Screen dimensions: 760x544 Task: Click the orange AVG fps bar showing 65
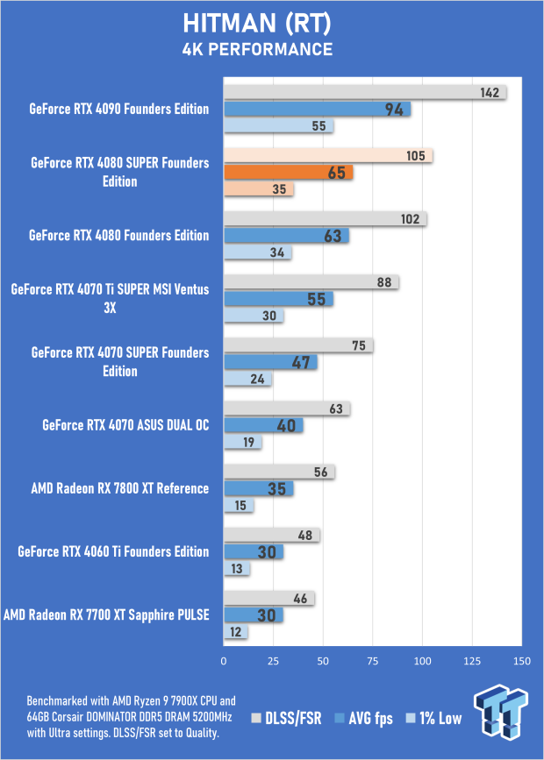(289, 173)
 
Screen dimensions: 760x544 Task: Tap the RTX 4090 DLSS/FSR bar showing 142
(364, 93)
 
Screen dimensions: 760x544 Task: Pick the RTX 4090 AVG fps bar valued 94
(317, 110)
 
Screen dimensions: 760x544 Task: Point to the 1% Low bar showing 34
(258, 253)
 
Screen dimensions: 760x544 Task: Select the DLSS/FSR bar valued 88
(311, 282)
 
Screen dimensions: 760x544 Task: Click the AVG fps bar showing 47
(270, 362)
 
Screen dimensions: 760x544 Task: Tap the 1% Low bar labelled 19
(243, 442)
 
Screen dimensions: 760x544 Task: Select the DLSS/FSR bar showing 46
(269, 599)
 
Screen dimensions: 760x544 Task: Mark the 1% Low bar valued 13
(237, 569)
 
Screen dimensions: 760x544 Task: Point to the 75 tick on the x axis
(373, 660)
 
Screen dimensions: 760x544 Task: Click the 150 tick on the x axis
(522, 660)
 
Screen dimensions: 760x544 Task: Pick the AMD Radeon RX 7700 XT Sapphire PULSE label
(106, 615)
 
